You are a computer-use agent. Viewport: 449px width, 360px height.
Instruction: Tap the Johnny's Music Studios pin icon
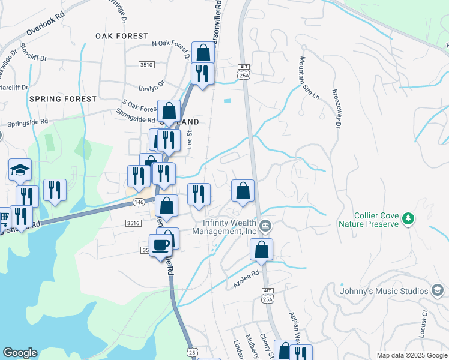[x=438, y=291]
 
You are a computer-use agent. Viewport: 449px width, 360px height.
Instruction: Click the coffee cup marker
[x=160, y=245]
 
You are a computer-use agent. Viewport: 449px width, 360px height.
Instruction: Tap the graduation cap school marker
[x=20, y=170]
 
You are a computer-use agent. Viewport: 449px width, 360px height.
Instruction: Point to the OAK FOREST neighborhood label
[x=122, y=36]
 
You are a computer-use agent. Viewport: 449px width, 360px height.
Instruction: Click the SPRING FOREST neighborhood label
[x=62, y=98]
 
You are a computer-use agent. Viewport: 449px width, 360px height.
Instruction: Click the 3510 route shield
[x=146, y=64]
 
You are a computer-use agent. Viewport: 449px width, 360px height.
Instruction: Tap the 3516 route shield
[x=133, y=223]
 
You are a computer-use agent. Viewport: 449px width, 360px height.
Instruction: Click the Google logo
[x=20, y=352]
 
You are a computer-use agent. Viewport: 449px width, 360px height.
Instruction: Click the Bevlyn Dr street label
[x=151, y=85]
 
